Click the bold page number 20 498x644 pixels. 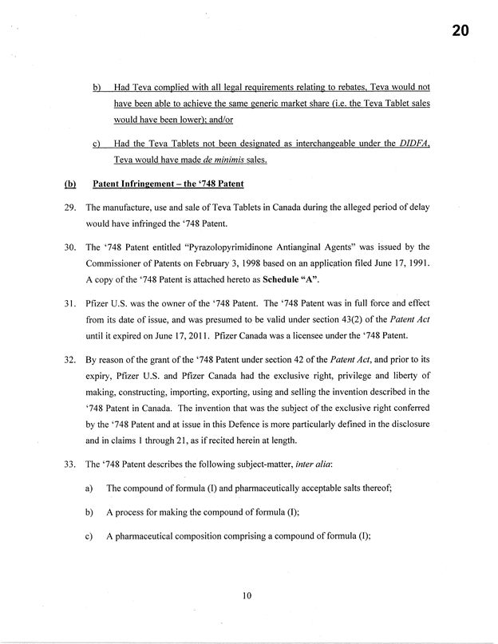pos(458,33)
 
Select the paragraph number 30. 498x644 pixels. pos(71,247)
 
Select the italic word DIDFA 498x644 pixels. pos(414,144)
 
